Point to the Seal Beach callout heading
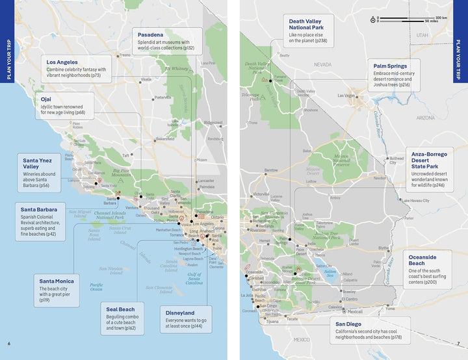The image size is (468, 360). click(x=121, y=309)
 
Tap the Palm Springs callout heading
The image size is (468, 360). click(x=390, y=66)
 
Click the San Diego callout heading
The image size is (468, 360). click(x=349, y=324)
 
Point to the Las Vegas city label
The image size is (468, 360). click(x=346, y=96)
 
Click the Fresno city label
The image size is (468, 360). click(x=125, y=55)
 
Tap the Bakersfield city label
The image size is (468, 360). click(x=166, y=138)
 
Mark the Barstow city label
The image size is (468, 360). click(x=270, y=171)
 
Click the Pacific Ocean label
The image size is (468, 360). click(x=96, y=287)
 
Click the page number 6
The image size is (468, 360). click(x=9, y=343)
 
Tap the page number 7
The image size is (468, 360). click(x=458, y=343)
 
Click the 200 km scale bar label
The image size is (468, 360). click(x=441, y=18)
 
